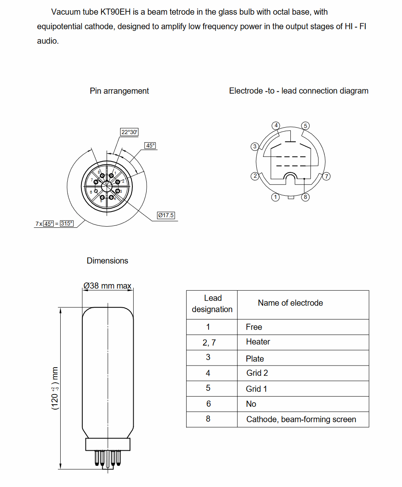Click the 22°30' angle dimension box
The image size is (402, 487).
point(130,132)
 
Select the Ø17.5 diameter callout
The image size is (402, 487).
point(166,215)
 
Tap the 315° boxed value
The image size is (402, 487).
point(67,223)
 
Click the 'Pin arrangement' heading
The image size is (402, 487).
point(119,91)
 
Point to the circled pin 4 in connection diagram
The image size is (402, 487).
point(276,125)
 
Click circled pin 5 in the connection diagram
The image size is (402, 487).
point(305,125)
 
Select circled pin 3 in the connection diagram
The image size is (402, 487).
point(255,146)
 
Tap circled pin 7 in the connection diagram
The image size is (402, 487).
point(326,176)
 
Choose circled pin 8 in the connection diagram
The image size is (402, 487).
point(305,197)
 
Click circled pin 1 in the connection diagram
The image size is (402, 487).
point(276,197)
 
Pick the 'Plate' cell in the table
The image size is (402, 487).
point(255,359)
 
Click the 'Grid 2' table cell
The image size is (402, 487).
point(257,373)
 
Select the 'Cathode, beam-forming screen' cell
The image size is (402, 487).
point(301,419)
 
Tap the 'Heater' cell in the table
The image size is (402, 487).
point(258,342)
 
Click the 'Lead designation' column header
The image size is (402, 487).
point(212,304)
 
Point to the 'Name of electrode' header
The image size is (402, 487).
point(290,303)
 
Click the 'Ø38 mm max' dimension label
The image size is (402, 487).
point(108,286)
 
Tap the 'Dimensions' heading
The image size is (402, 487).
point(108,261)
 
